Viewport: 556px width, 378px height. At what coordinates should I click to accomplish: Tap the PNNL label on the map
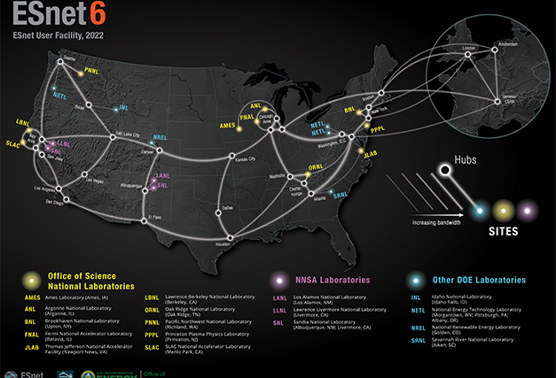pyautogui.click(x=91, y=69)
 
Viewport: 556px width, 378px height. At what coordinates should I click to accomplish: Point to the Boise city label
pyautogui.click(x=80, y=106)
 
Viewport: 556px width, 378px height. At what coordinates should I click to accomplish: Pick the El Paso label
pyautogui.click(x=155, y=216)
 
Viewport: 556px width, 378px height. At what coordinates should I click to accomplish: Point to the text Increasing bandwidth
pyautogui.click(x=435, y=222)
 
